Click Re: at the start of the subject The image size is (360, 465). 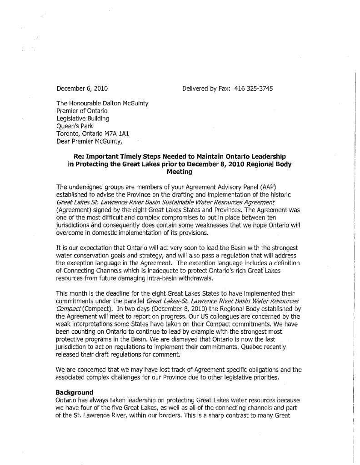(x=74, y=157)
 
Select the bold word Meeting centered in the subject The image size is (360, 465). (x=180, y=172)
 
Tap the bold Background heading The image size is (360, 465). (x=74, y=391)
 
